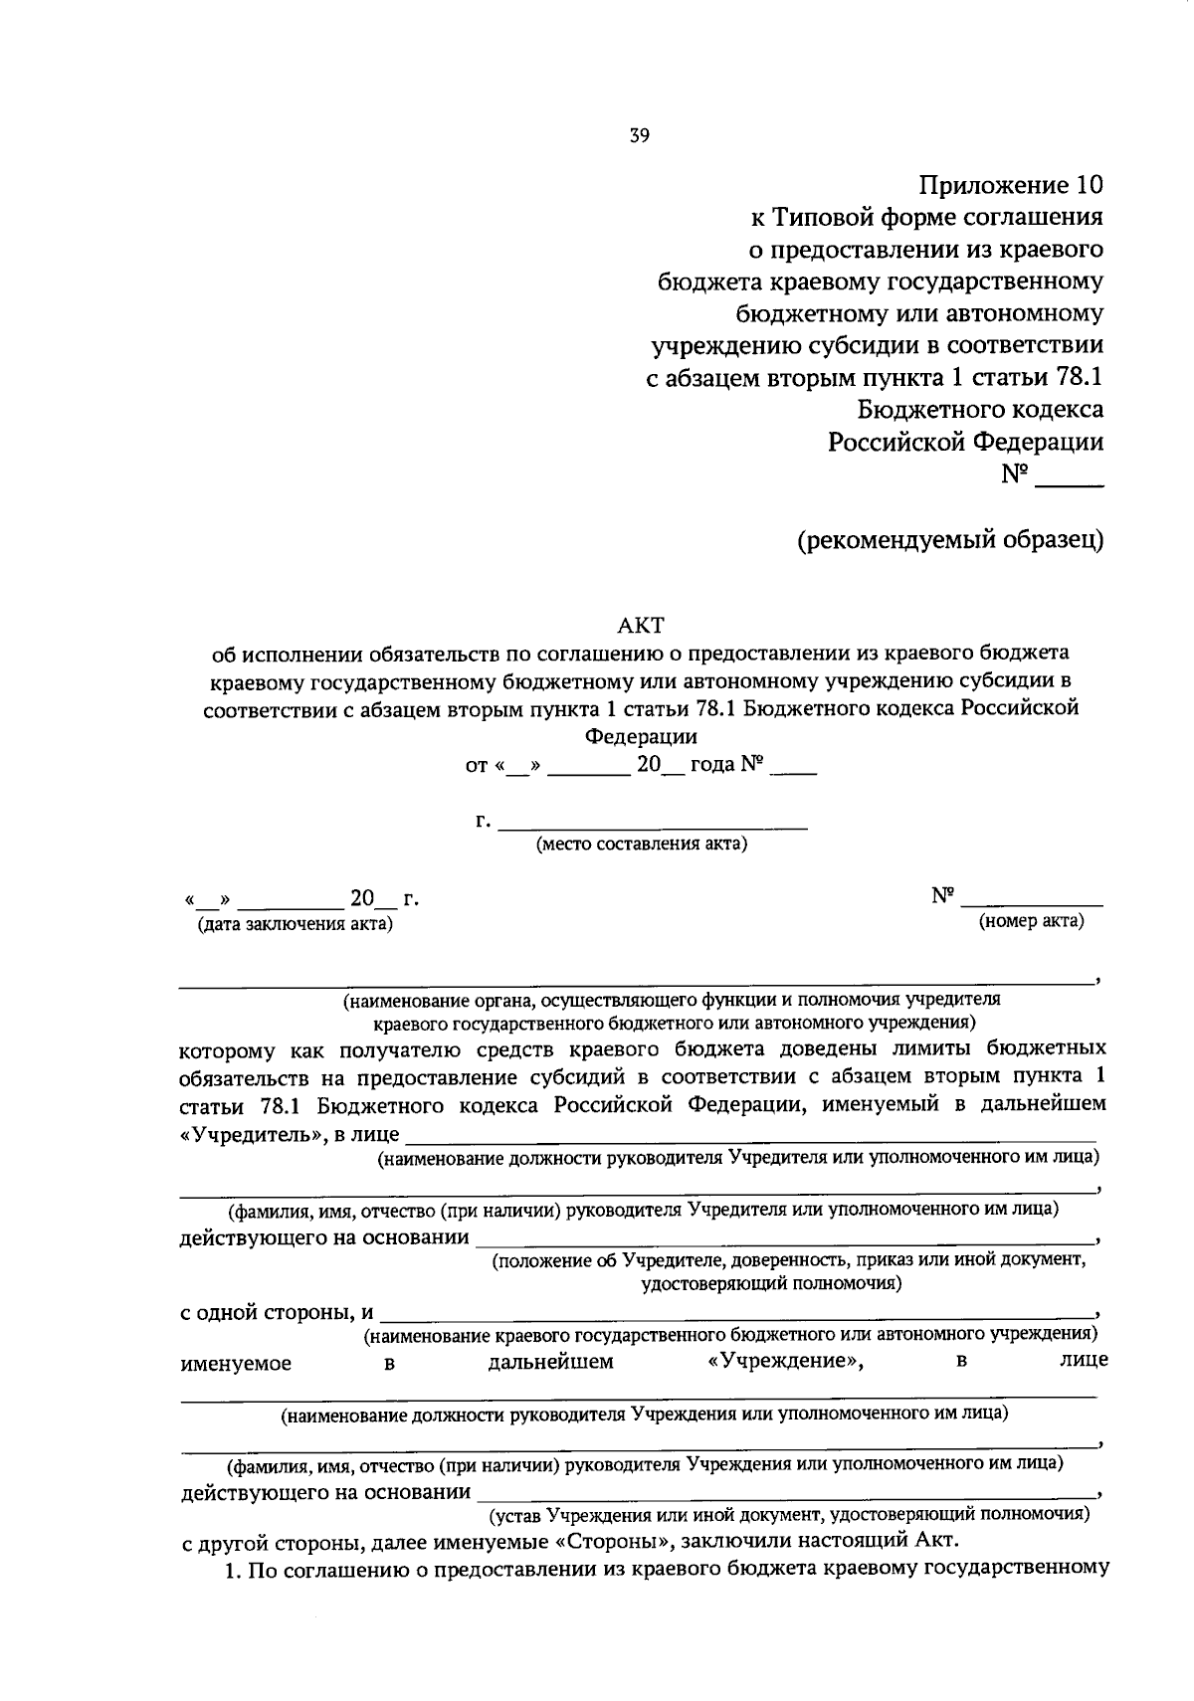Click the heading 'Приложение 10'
(x=1011, y=185)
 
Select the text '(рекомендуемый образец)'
(x=949, y=539)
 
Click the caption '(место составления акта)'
(x=642, y=846)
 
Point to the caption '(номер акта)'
(x=1031, y=921)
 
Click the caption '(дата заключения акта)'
(x=296, y=925)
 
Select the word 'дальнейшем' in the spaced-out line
(x=550, y=1361)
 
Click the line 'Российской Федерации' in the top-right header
(x=966, y=442)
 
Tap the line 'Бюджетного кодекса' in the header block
(x=980, y=410)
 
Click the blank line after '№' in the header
(x=1070, y=483)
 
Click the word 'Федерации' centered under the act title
(x=641, y=737)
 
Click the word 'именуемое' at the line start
(x=236, y=1363)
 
